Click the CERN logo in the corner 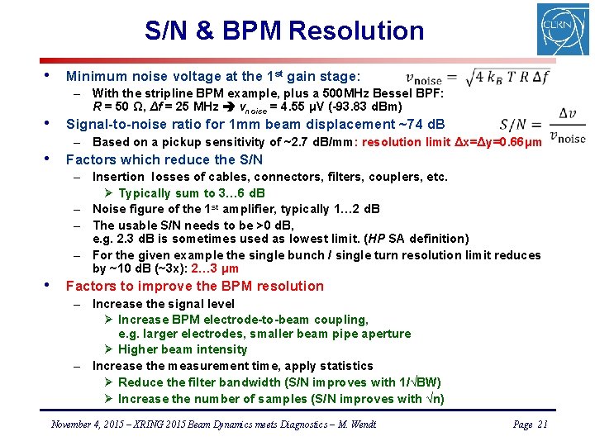point(563,30)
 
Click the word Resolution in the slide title point(355,31)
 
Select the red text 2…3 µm point(216,268)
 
